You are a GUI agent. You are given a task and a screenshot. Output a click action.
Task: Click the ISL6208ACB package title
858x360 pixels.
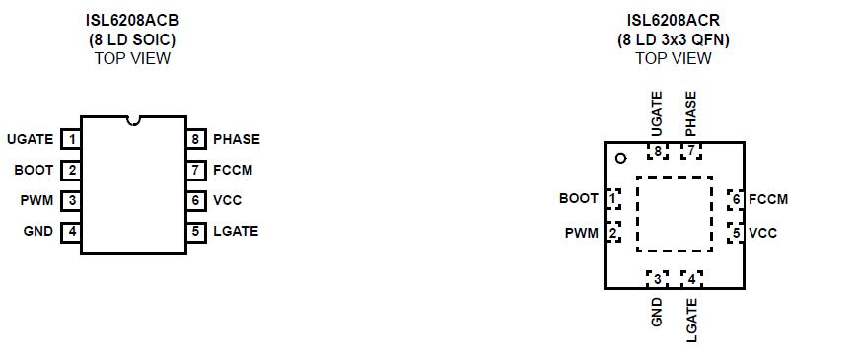tap(132, 21)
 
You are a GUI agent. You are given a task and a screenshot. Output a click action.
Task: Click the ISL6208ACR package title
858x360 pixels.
tap(674, 21)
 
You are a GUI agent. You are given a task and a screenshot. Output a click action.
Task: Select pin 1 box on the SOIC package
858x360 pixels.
tap(71, 139)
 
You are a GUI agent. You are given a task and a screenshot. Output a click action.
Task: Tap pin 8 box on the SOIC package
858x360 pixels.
tap(196, 139)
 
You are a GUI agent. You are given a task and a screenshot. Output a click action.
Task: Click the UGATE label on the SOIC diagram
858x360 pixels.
tap(30, 139)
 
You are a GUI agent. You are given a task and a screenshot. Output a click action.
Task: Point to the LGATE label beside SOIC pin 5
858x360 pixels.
tap(236, 231)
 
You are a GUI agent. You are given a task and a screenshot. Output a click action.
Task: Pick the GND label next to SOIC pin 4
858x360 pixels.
tap(38, 232)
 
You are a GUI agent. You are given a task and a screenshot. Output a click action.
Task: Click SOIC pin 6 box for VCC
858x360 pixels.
tap(196, 200)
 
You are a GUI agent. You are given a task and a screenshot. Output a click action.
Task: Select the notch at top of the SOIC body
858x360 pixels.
tap(133, 121)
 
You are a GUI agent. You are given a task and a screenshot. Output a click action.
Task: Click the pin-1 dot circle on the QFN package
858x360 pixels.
tap(620, 158)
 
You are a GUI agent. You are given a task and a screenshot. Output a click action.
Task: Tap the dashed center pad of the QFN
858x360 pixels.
tap(674, 214)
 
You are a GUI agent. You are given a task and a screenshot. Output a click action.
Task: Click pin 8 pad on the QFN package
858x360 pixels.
tap(657, 151)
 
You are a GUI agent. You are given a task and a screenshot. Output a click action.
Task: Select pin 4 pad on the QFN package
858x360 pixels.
tap(691, 278)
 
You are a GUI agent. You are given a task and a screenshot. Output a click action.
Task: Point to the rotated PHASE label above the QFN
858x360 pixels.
tap(690, 113)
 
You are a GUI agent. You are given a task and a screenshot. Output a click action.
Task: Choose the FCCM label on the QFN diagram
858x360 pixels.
tap(768, 199)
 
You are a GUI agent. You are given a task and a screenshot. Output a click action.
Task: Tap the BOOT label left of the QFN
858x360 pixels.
tap(579, 198)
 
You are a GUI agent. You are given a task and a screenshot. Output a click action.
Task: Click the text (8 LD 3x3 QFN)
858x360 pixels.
tap(674, 40)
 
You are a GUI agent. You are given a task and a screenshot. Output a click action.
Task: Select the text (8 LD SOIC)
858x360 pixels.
tap(132, 40)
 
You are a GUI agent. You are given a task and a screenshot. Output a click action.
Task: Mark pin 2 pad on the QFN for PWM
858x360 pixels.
tap(613, 233)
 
